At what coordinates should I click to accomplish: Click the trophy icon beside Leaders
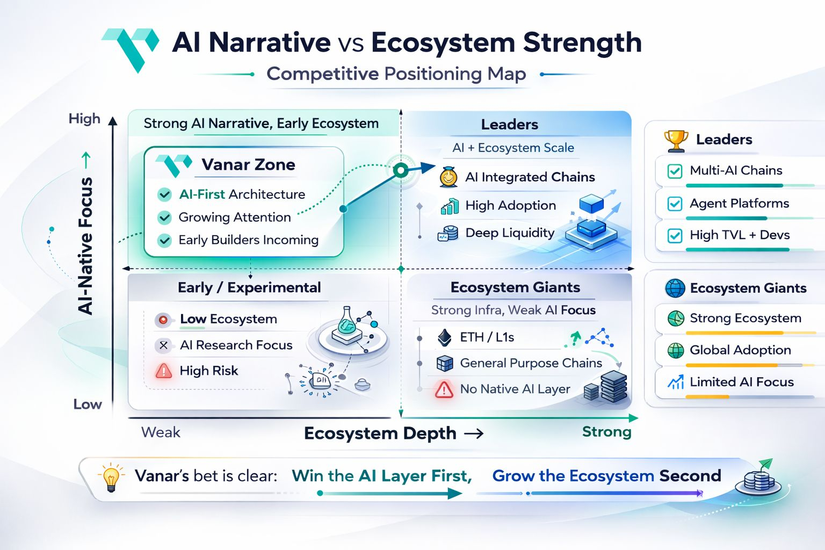(676, 140)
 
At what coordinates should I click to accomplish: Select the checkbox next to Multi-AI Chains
(675, 171)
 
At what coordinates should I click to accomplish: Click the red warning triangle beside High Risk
(164, 371)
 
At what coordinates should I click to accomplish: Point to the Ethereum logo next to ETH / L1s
(445, 337)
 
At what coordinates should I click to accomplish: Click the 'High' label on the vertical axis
(84, 119)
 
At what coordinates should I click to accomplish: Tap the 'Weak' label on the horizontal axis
(161, 432)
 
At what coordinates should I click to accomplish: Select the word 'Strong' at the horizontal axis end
(606, 432)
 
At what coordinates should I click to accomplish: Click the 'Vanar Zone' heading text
(248, 165)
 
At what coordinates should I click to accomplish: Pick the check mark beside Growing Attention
(164, 218)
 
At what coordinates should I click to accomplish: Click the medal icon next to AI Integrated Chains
(448, 177)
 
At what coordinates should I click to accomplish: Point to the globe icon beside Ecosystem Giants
(675, 288)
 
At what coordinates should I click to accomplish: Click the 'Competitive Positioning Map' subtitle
(396, 74)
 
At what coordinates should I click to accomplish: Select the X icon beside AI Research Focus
(163, 345)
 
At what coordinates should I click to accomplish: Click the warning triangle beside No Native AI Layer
(444, 389)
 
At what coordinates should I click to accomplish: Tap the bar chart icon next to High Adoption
(450, 206)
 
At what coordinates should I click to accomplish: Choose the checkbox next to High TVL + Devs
(675, 236)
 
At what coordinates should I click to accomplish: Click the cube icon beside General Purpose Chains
(445, 364)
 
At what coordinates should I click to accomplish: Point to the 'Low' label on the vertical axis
(88, 404)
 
